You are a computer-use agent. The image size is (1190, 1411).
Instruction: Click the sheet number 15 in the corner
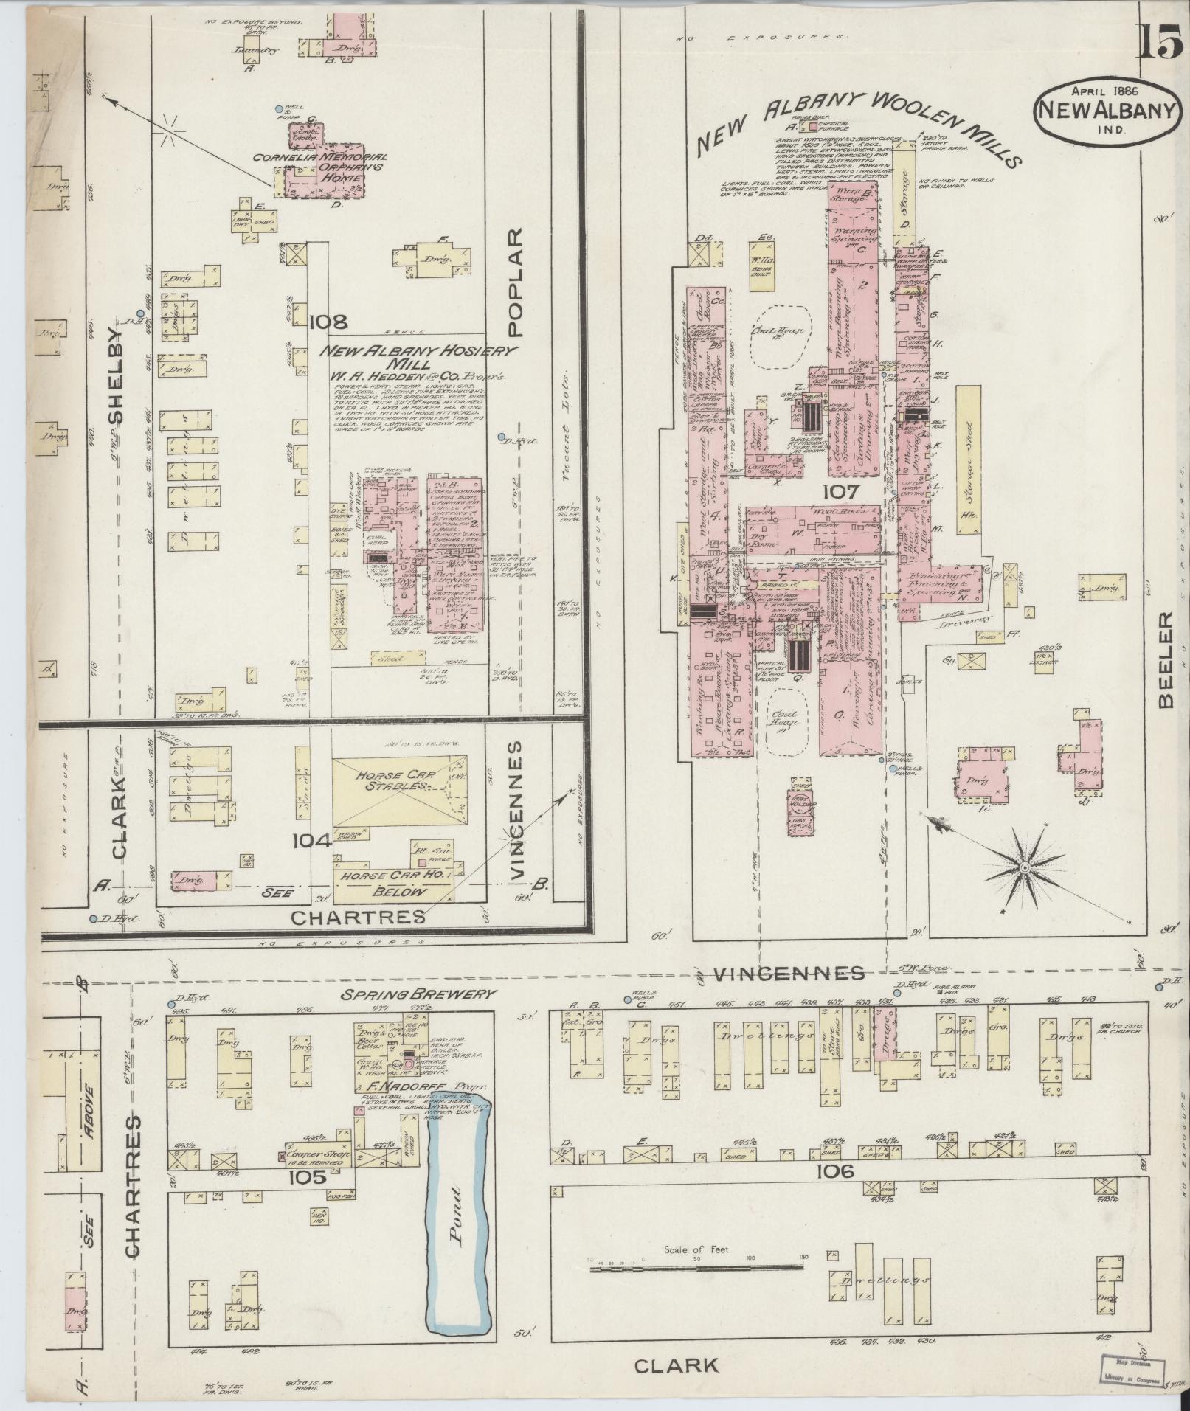(1159, 41)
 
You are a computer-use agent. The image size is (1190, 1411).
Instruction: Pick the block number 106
(834, 1171)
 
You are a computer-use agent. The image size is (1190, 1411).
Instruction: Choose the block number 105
(308, 1177)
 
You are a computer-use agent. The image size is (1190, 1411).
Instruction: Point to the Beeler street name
(1165, 659)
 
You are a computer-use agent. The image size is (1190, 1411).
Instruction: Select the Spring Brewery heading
(418, 994)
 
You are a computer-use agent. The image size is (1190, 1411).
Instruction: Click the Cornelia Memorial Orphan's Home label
(321, 168)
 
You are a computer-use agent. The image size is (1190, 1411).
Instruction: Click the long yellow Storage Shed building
(967, 458)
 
